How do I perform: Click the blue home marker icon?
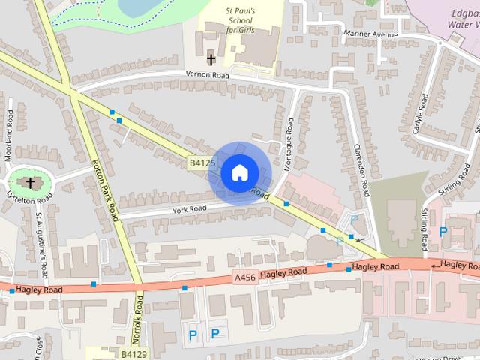[x=238, y=172]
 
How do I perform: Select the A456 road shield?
[x=246, y=277]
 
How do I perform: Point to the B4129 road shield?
[x=133, y=352]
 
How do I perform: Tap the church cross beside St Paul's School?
[x=211, y=58]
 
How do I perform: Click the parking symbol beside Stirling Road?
[x=443, y=232]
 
